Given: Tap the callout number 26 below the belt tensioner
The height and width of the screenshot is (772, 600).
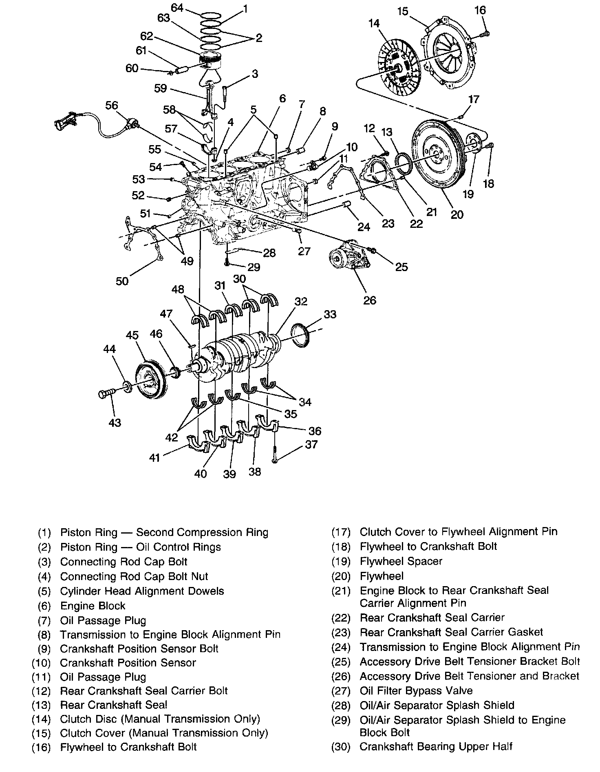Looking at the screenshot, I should [369, 300].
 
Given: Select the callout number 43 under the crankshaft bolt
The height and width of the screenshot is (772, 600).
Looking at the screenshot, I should [115, 422].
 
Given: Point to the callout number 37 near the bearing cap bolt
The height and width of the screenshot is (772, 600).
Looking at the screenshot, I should [311, 444].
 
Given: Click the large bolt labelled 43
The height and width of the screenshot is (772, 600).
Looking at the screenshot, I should [105, 393].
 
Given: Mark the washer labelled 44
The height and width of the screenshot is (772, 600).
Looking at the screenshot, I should [127, 385].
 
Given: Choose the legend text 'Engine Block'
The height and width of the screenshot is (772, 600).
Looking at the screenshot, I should [93, 606].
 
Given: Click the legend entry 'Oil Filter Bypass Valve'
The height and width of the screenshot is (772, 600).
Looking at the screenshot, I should [416, 691].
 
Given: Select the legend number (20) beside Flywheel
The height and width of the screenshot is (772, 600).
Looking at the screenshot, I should [341, 576].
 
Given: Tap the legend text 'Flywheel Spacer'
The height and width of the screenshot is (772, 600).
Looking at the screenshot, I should [401, 561].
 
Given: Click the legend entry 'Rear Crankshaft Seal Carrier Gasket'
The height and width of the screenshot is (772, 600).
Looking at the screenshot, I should [451, 632].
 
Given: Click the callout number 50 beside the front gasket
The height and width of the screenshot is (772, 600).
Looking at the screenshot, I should [122, 281].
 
